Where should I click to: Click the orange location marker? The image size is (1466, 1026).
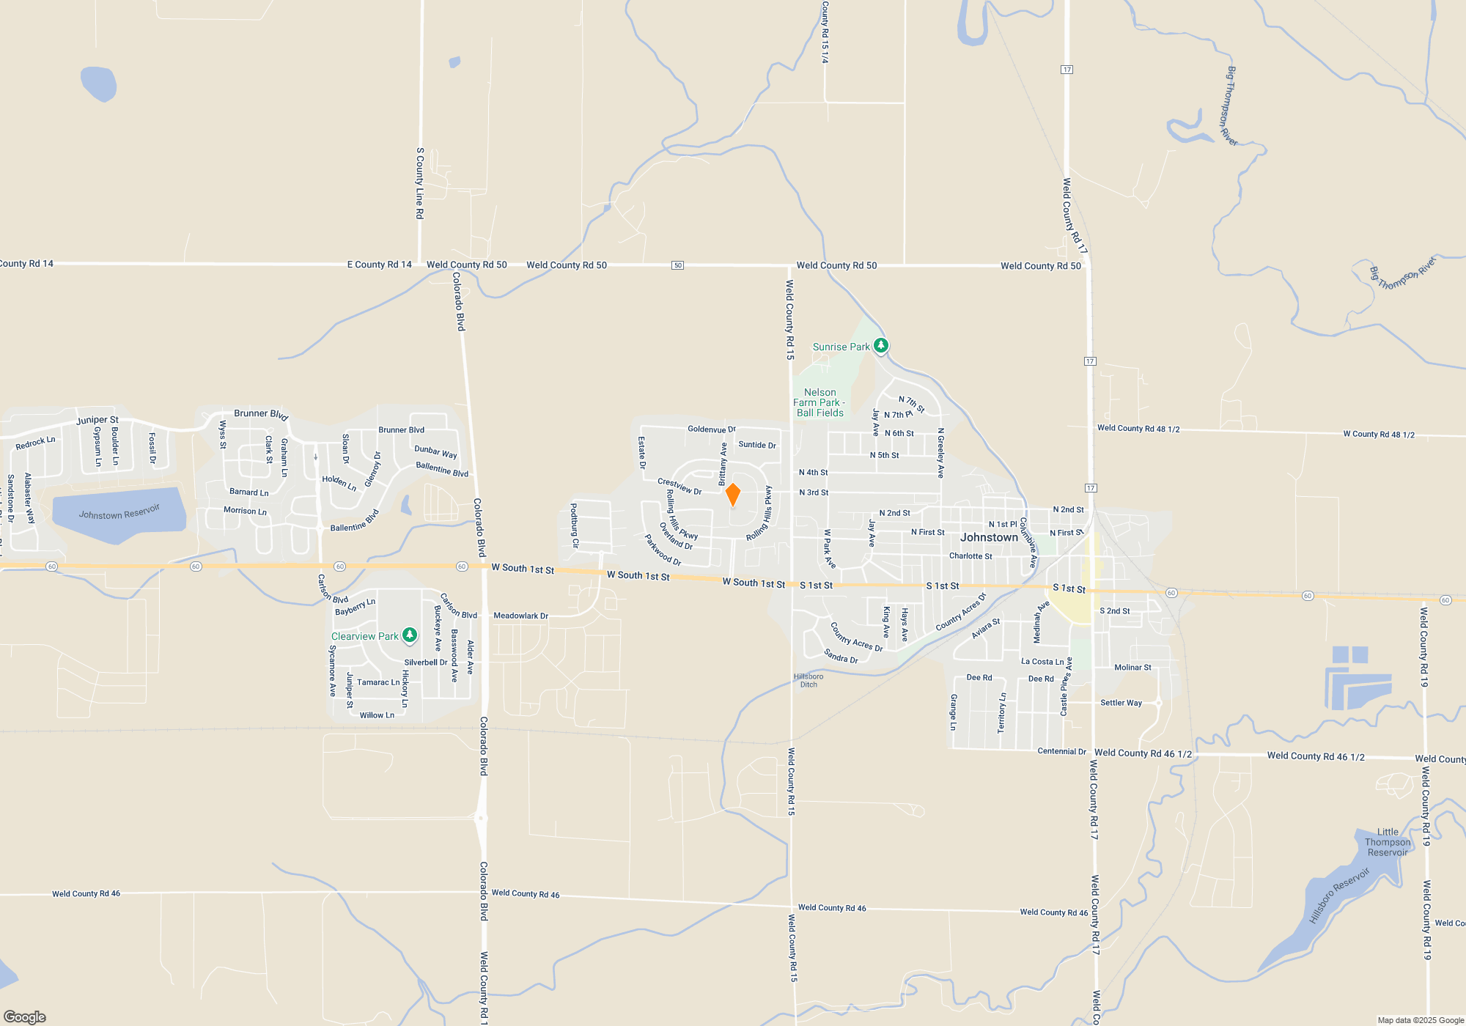(732, 495)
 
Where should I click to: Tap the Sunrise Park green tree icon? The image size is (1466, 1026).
(881, 345)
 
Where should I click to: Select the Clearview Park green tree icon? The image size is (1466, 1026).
(410, 635)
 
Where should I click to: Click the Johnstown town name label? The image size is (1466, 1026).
(989, 537)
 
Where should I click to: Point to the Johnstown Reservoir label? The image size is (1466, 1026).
(119, 512)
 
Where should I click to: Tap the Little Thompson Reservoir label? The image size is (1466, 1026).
(1387, 842)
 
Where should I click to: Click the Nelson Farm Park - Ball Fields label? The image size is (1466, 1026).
(819, 403)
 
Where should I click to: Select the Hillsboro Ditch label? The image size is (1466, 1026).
(808, 681)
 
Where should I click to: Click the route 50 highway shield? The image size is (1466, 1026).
(678, 265)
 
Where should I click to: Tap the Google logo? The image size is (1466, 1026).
(25, 1016)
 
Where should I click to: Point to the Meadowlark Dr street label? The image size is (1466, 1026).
(520, 616)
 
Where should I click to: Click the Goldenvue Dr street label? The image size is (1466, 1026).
(711, 429)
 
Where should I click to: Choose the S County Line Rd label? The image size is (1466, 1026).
(420, 183)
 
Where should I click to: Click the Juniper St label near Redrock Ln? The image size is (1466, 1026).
(97, 421)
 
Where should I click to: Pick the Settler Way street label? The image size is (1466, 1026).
(1121, 703)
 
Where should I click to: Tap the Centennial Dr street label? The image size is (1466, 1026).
(1061, 751)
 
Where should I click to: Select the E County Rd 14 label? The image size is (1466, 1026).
(379, 265)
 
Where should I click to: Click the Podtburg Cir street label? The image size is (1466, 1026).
(575, 525)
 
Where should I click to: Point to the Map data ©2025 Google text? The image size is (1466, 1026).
(1421, 1020)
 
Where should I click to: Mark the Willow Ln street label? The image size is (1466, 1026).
(377, 715)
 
